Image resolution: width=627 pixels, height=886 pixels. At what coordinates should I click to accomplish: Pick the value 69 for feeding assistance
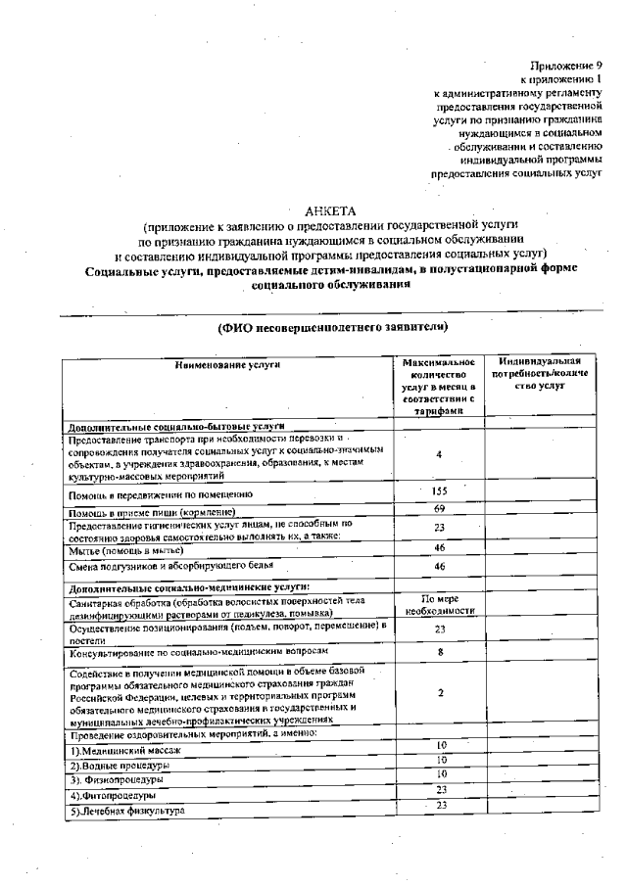tap(439, 509)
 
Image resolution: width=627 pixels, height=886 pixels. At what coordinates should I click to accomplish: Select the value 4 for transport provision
tap(439, 455)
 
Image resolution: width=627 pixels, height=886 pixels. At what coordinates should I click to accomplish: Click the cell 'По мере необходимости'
tap(439, 603)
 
